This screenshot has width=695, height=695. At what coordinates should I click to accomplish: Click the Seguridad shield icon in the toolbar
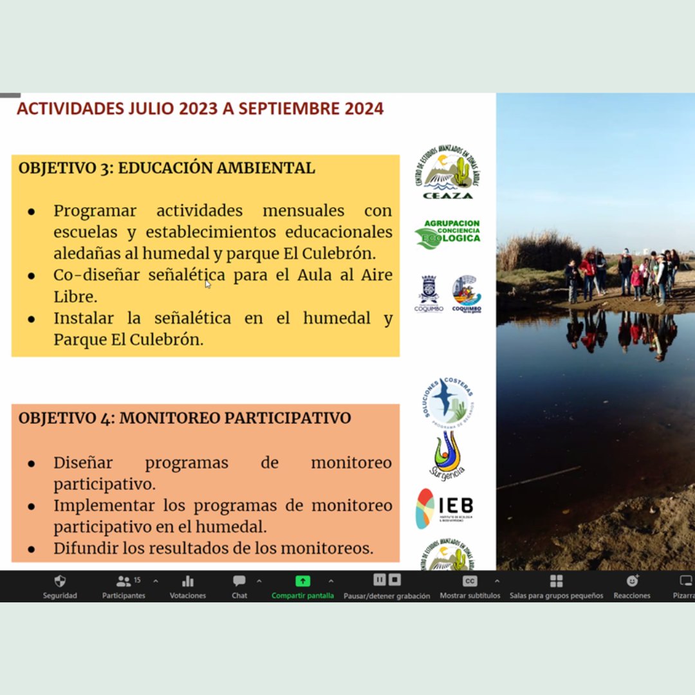coord(60,581)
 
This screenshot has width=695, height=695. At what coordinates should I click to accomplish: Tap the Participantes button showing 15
coord(124,581)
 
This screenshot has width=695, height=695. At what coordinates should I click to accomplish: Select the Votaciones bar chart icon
coord(188,581)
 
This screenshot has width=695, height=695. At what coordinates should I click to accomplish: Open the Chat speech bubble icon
coord(239,581)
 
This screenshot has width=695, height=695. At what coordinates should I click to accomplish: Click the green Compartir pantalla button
coord(302,581)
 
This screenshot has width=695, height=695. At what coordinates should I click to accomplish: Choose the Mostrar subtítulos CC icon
coord(470,581)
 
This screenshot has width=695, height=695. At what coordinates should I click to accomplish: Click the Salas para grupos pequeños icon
coord(556,581)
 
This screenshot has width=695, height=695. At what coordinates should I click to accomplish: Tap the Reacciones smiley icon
coord(632,581)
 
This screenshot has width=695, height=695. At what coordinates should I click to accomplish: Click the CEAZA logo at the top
coord(447,173)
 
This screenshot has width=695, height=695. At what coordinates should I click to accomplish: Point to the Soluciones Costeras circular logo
coord(449,400)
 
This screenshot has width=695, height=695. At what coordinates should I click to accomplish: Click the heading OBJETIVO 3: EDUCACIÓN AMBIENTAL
coord(167,169)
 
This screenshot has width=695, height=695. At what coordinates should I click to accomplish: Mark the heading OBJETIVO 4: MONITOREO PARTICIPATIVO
coord(185,418)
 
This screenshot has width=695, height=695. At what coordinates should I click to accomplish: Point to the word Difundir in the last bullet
coord(82,548)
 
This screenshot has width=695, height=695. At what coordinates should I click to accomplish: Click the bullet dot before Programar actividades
coord(31,212)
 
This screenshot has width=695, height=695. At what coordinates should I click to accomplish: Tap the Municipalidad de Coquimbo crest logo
coord(429,293)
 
